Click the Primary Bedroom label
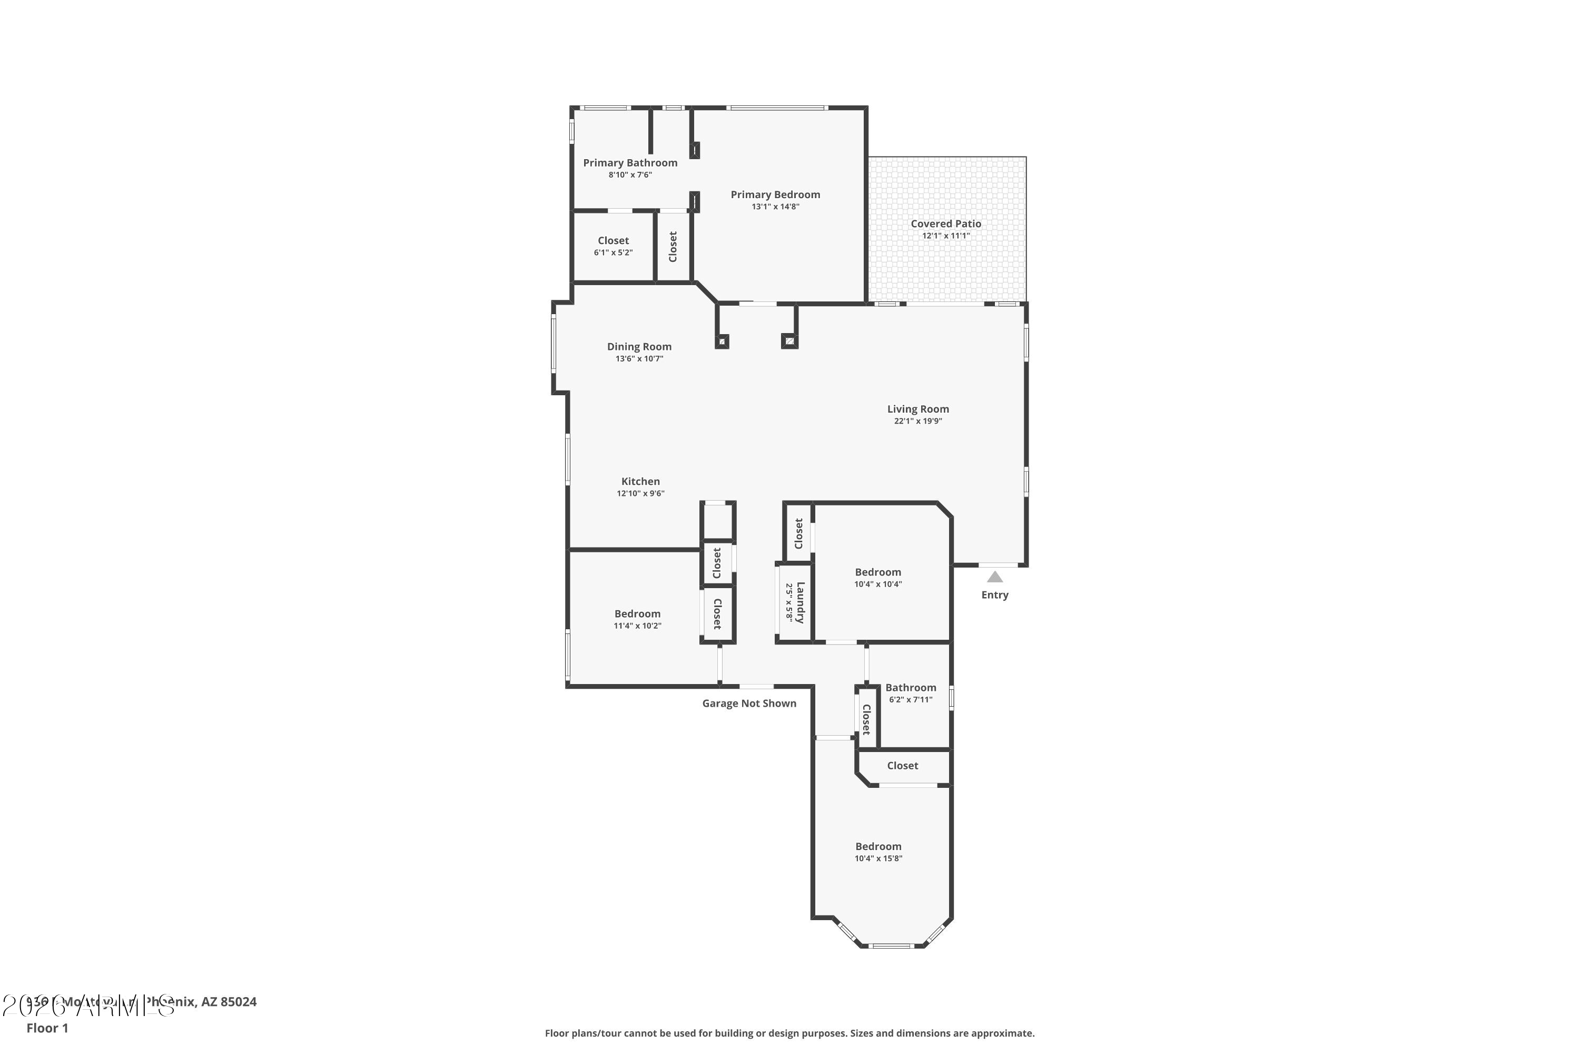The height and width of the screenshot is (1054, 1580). point(775,195)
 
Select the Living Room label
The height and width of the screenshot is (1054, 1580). point(917,409)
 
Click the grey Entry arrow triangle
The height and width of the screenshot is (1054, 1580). point(995,577)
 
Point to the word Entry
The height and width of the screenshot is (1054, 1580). point(995,595)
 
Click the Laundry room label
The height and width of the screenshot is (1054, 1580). point(799,602)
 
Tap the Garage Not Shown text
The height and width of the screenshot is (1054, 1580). point(749,703)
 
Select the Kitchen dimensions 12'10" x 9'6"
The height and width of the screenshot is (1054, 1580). point(640,493)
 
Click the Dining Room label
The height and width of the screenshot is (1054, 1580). point(639,347)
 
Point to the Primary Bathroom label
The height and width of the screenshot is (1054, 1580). point(630,163)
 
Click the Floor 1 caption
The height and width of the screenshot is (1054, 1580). point(47,1028)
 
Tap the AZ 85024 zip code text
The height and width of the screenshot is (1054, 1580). point(229,1002)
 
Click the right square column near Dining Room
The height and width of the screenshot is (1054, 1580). point(789,341)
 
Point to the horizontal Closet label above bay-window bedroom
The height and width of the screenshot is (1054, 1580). point(902,766)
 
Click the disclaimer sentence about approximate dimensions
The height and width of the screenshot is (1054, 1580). point(789,1033)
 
